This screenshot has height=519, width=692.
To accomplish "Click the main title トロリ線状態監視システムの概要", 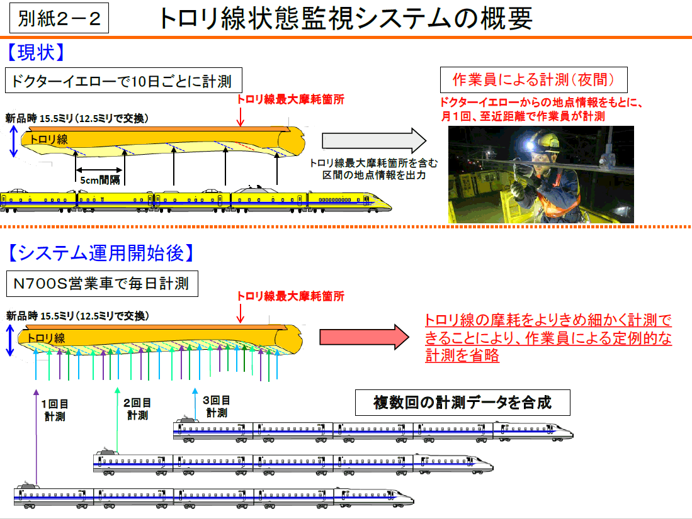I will [x=346, y=19].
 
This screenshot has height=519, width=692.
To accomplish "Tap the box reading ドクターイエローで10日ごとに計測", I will [x=123, y=81].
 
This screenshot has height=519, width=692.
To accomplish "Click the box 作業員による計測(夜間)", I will [x=533, y=80].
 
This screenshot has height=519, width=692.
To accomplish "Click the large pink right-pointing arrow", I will [x=365, y=337].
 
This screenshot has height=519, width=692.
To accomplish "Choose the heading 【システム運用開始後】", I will [x=101, y=253].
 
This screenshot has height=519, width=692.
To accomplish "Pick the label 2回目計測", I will [x=137, y=408].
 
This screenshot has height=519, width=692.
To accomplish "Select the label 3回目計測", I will [x=216, y=406].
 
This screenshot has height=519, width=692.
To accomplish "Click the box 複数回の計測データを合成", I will [x=462, y=402].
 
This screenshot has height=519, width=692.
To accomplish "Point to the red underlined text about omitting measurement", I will [x=548, y=338].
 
